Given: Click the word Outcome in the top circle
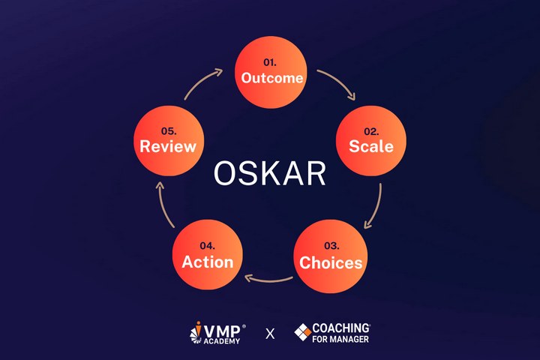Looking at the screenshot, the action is [272, 78].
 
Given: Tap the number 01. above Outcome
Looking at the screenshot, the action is [270, 62].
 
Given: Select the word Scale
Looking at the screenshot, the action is [371, 146].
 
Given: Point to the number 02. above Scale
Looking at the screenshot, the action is [371, 131].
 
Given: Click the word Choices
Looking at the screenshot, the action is [331, 262].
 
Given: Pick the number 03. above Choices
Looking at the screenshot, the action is [331, 246].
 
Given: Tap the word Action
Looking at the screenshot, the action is [207, 262].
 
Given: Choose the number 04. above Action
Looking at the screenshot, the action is [207, 246].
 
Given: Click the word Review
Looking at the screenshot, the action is [168, 146].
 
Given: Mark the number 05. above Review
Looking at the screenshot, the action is [169, 131].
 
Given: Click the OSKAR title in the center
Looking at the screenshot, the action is [270, 173].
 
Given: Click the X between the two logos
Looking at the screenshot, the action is [270, 334].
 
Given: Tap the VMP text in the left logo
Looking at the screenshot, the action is [222, 331].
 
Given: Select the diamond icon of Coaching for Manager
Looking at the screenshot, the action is [303, 332].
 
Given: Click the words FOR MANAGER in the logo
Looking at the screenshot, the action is [340, 339].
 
